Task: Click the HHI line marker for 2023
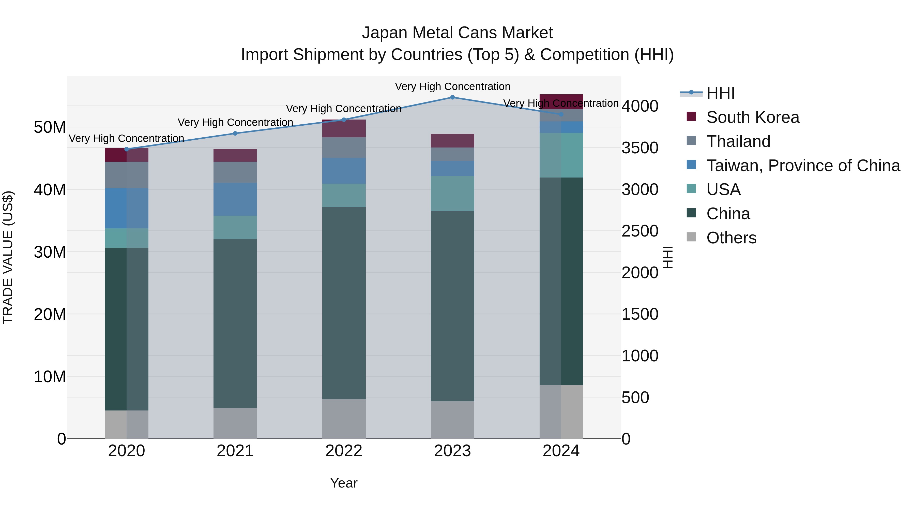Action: click(452, 97)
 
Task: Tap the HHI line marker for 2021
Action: click(235, 133)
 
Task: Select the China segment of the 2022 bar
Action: click(344, 302)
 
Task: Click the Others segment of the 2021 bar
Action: click(235, 423)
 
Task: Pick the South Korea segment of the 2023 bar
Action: click(452, 141)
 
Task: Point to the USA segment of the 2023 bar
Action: click(452, 193)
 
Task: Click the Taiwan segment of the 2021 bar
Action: click(235, 199)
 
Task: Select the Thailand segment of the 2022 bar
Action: click(344, 148)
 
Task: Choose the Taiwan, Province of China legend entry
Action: click(803, 166)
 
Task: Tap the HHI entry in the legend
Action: click(720, 93)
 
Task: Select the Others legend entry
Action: click(731, 238)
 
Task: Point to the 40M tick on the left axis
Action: click(50, 190)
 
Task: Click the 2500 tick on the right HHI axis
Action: click(640, 231)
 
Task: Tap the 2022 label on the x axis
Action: click(344, 451)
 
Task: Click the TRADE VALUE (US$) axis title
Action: click(8, 257)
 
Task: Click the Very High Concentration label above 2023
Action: click(452, 86)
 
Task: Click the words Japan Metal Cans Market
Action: click(457, 33)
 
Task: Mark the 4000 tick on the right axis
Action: click(640, 106)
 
